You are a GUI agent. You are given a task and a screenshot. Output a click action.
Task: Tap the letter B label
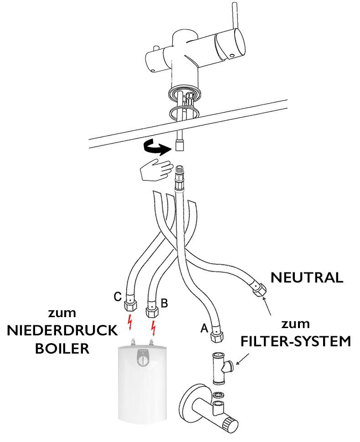[165, 302]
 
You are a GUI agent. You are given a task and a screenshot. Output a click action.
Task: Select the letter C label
[118, 297]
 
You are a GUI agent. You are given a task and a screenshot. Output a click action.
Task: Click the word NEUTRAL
[307, 278]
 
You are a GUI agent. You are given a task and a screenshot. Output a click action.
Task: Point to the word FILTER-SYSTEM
[296, 341]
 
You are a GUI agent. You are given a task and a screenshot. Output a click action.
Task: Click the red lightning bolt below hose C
[131, 322]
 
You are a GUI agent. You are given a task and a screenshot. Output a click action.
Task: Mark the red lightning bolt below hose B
[154, 327]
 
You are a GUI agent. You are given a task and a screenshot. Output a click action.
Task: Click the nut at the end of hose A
[216, 338]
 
